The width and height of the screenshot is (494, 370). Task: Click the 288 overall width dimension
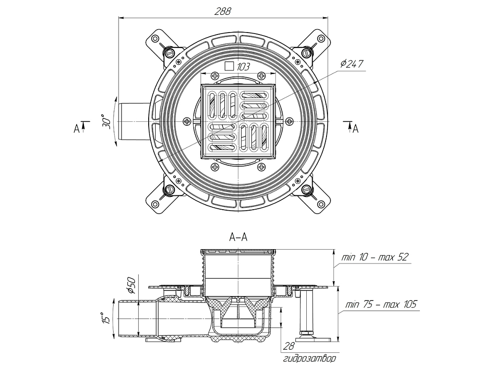(223, 12)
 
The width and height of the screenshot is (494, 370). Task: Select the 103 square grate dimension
(242, 66)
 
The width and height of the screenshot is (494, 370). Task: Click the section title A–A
(238, 237)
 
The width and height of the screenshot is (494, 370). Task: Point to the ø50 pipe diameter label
(131, 286)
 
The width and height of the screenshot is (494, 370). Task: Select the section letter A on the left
(77, 128)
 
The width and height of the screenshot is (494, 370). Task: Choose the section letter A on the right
(355, 128)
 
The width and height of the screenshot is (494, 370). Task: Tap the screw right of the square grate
(289, 121)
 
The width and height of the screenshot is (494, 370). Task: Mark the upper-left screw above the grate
(215, 76)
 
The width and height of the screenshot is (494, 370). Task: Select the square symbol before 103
(229, 66)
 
